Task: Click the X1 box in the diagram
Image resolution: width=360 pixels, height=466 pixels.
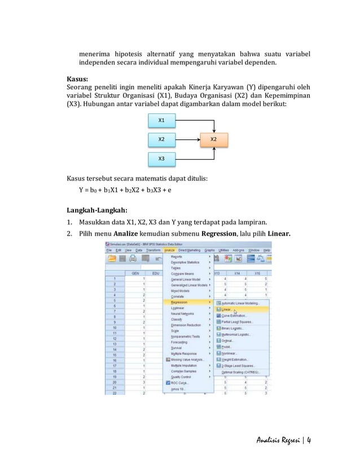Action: tap(161, 120)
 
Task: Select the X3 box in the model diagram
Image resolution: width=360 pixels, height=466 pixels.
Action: tap(161, 159)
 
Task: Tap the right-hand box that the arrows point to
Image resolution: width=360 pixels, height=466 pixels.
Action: tap(214, 139)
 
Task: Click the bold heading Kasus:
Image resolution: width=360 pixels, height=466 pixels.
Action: tap(78, 78)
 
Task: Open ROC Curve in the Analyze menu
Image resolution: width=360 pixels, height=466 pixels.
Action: tap(179, 382)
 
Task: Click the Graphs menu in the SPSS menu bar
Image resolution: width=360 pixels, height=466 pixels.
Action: tap(209, 249)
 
